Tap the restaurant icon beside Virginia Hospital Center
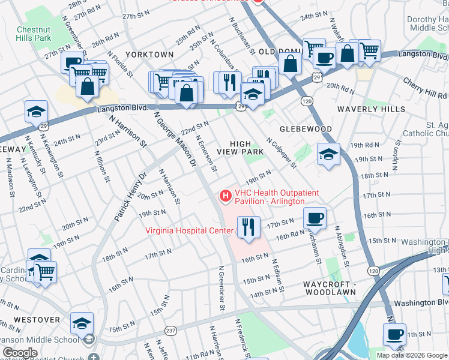point(248,227)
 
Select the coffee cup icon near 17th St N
point(315,218)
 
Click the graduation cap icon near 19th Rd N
point(328,154)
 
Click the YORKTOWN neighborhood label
point(151,55)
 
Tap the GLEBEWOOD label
point(306,129)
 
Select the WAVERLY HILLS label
point(372,109)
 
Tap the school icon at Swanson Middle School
point(82,323)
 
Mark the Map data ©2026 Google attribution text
point(412,355)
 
